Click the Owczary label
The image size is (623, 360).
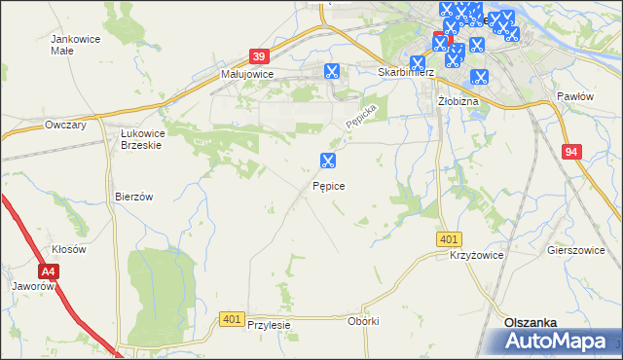(66, 126)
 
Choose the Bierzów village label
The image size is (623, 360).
(134, 196)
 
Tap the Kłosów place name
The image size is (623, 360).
(69, 249)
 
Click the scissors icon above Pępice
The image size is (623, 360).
(328, 161)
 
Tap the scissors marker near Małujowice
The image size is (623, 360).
(331, 70)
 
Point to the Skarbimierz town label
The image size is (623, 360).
(411, 72)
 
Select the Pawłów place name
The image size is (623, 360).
(574, 96)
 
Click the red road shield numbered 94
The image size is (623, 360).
(572, 152)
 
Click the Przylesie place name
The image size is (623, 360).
(270, 326)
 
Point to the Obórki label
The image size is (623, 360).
(362, 320)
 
